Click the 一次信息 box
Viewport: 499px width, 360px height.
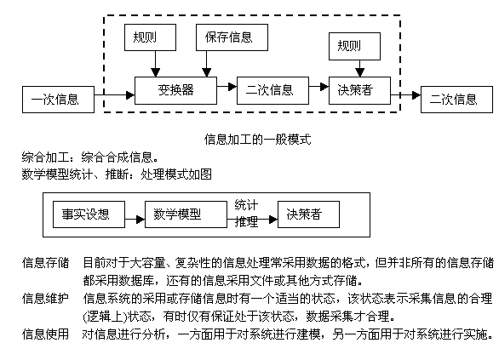58,100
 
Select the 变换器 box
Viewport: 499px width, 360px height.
175,90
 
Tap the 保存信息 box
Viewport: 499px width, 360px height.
232,37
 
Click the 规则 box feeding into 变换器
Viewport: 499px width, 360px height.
150,37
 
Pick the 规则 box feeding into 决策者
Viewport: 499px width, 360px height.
354,46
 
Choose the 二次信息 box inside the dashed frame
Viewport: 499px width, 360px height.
272,90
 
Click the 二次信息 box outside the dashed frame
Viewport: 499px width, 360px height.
456,100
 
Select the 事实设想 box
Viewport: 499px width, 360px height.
89,214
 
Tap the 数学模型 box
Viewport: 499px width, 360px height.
186,214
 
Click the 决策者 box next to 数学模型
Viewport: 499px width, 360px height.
309,214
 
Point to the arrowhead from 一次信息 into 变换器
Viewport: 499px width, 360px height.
130,94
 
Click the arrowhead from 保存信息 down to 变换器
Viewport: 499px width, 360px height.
207,72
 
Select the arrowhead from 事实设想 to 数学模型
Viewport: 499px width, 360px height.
141,219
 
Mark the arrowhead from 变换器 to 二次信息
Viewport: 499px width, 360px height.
232,86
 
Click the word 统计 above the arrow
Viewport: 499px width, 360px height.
246,205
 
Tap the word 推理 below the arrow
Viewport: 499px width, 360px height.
246,221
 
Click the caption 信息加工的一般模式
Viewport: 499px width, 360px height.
257,140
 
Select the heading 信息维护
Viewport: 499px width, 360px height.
45,299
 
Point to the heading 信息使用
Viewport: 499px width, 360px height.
45,334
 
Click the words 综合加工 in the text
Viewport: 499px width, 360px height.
45,157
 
